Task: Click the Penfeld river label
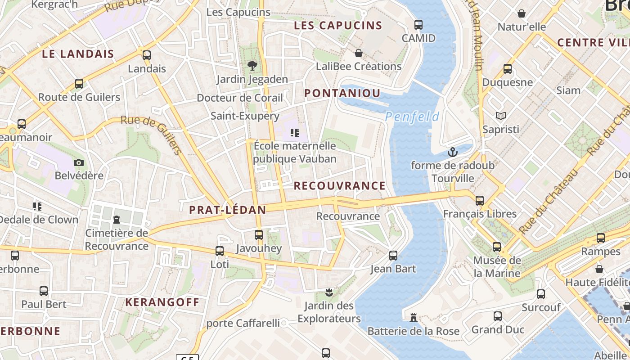coord(412,117)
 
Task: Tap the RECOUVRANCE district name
coord(340,186)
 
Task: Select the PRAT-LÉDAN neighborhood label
coord(227,210)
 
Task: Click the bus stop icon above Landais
coord(147,55)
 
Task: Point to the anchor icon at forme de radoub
coord(452,153)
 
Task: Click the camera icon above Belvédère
coord(79,162)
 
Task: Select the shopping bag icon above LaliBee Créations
coord(359,53)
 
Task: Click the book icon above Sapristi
coord(500,116)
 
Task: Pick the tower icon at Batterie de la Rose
coord(413,318)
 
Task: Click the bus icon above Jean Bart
coord(393,256)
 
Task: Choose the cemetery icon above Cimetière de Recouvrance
coord(117,220)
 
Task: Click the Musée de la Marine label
coord(497,266)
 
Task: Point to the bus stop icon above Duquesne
coord(508,69)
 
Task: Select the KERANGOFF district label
coord(162,302)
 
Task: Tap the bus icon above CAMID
coord(418,25)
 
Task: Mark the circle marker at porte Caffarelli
coord(283,323)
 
